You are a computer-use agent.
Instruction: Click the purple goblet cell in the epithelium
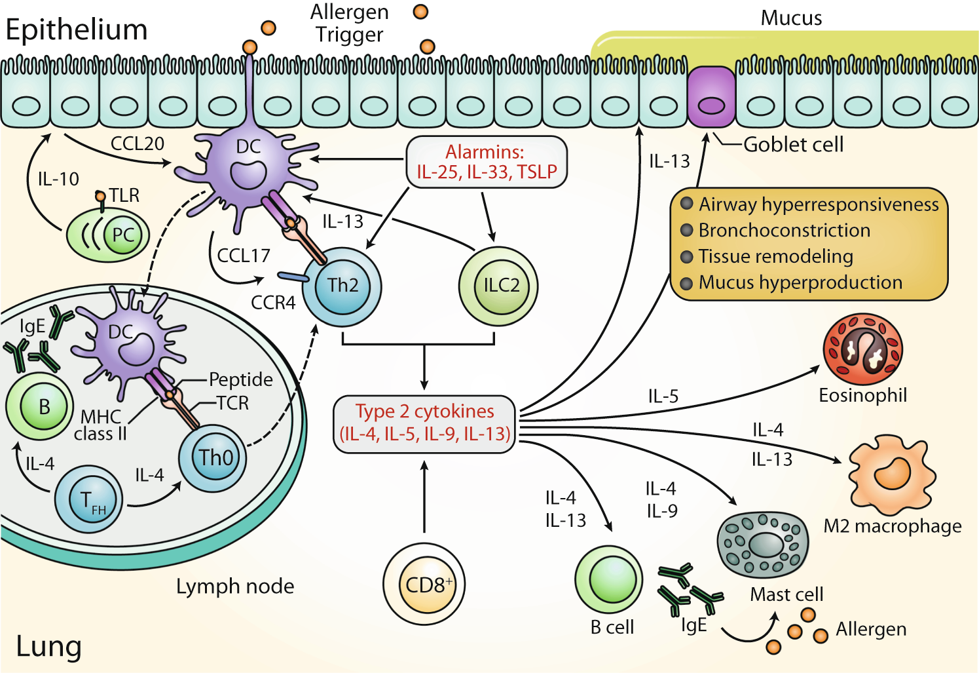711,98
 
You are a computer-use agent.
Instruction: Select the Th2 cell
342,286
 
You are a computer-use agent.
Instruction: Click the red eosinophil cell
862,349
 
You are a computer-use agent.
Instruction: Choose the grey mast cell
762,544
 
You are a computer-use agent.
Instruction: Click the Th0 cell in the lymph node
213,457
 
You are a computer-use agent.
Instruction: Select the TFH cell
88,499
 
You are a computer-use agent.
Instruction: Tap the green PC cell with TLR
109,235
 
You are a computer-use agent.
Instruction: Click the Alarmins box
486,162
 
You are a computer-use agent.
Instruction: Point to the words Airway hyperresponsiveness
818,204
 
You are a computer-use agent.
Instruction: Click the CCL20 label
137,144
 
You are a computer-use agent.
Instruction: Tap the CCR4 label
273,303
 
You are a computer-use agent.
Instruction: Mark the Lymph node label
234,586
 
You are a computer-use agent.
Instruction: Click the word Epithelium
77,30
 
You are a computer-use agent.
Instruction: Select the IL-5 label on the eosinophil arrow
663,396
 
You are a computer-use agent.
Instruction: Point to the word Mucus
790,18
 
